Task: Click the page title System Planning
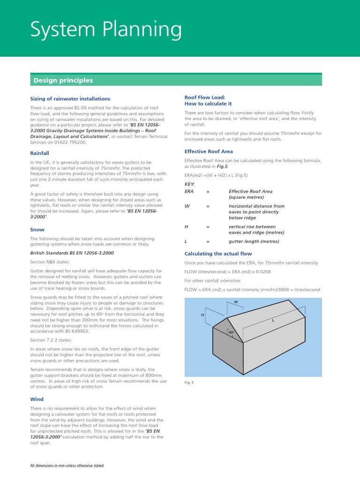[106, 30]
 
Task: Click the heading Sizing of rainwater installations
[70, 99]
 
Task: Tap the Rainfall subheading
[39, 153]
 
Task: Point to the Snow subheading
[37, 230]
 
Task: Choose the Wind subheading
[37, 399]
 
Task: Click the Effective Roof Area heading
[209, 151]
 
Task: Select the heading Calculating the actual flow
[218, 254]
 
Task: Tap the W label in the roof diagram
[236, 302]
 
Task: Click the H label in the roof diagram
[202, 315]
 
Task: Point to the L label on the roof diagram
[273, 321]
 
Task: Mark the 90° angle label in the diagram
[231, 332]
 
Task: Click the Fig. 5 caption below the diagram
[189, 382]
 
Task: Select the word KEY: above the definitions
[190, 184]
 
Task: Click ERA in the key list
[189, 191]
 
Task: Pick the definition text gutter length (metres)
[254, 241]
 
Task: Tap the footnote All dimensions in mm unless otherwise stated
[67, 465]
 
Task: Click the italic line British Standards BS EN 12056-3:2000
[72, 253]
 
